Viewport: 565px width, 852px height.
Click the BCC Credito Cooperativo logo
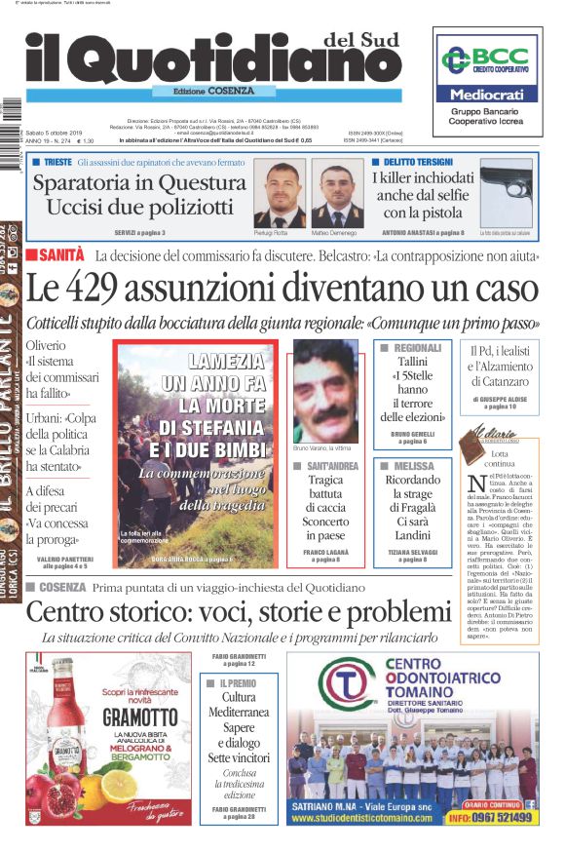485,60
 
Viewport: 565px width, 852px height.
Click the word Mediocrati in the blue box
485,96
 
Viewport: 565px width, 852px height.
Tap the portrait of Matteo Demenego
341,193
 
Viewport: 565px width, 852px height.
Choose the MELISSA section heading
412,466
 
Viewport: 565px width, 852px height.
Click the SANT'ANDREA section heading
330,466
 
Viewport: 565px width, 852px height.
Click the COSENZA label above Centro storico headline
62,587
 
